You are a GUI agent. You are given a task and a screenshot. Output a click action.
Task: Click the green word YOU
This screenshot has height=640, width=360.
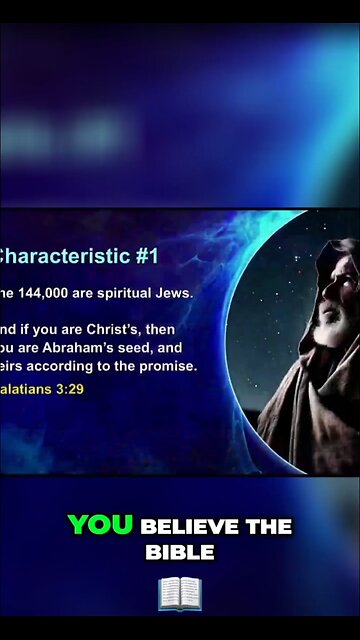coord(100,525)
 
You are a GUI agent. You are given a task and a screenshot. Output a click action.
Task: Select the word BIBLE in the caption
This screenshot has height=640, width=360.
coord(180,551)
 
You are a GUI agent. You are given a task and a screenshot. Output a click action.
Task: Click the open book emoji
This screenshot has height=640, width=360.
coord(180,593)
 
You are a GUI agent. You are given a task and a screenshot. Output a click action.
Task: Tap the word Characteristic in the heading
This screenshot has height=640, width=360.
coord(63,256)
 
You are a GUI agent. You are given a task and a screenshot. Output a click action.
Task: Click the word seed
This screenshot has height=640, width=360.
coord(141,348)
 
